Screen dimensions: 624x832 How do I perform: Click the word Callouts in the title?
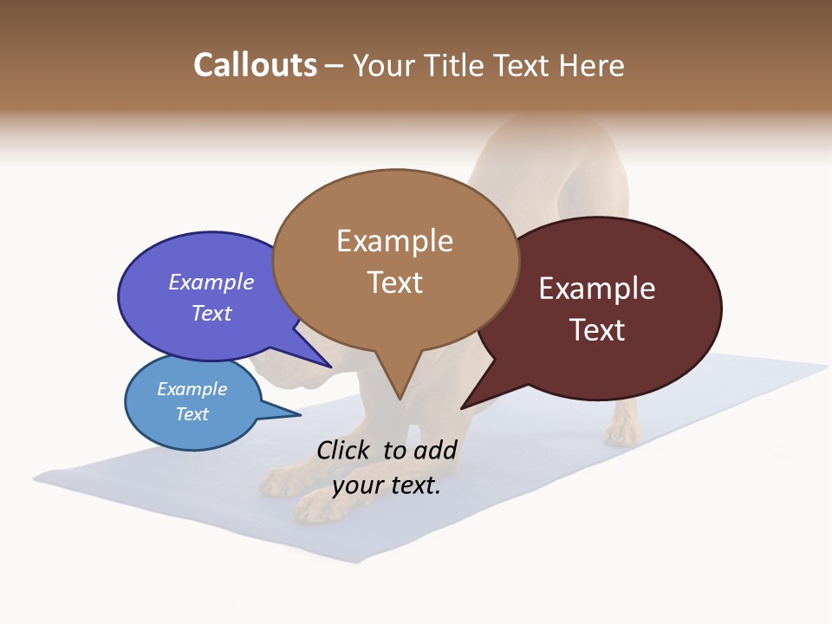[x=255, y=65]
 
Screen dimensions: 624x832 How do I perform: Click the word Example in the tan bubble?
[x=394, y=241]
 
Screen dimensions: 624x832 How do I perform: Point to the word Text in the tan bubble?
[x=394, y=283]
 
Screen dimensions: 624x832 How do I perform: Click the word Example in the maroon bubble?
[x=597, y=289]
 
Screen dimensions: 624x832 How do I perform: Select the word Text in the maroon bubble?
[x=597, y=330]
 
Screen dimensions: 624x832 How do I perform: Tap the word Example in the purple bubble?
[x=211, y=283]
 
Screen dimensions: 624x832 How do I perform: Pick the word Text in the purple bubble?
[x=211, y=313]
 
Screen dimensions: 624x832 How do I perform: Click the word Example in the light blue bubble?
[x=192, y=389]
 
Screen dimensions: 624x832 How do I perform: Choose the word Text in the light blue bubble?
[x=192, y=414]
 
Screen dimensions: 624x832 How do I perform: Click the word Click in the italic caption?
[x=344, y=450]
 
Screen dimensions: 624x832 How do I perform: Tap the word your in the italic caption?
[x=355, y=485]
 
